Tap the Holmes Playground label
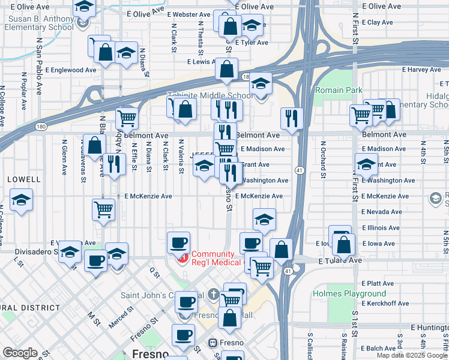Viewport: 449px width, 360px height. (349, 293)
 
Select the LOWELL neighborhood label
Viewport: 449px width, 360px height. (24, 179)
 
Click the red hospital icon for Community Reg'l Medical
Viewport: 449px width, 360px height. (182, 259)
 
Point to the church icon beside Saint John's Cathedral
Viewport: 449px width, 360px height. (215, 295)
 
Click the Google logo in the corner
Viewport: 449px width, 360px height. (20, 352)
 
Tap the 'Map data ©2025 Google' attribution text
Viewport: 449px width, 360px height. (412, 355)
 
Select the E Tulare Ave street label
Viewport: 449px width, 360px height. (341, 261)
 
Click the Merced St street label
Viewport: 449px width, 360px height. (121, 317)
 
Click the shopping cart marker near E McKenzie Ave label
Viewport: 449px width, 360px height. (103, 210)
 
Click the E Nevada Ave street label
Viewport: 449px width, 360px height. (381, 212)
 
